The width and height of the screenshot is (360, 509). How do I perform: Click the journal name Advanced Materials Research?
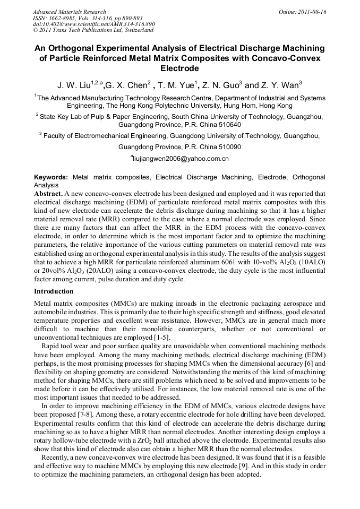[x=69, y=12]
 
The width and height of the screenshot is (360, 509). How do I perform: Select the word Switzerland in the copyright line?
[x=136, y=30]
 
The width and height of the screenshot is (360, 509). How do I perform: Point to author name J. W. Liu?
[x=74, y=85]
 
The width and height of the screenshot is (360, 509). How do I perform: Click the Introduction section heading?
[x=54, y=291]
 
